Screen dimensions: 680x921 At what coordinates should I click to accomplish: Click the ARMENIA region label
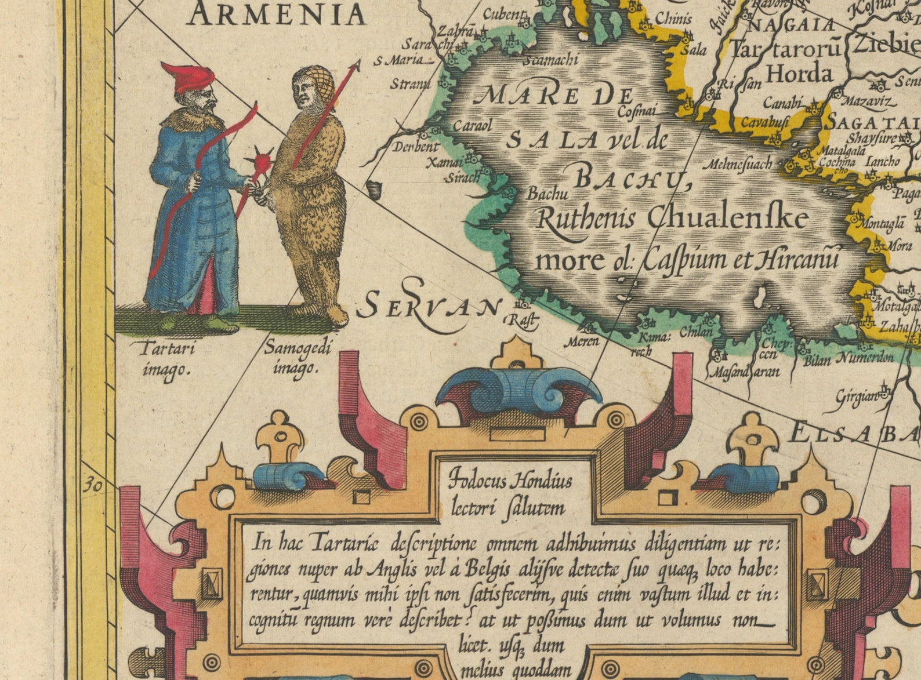click(277, 14)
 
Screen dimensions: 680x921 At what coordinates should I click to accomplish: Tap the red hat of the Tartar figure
click(189, 77)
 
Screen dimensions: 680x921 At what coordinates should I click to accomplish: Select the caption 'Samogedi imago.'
click(298, 358)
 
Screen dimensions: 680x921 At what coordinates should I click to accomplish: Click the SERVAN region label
click(427, 306)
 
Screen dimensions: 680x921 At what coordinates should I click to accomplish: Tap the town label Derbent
click(415, 147)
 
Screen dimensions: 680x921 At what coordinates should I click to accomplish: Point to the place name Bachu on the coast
click(547, 194)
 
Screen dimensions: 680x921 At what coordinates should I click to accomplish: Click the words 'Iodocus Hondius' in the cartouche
click(510, 481)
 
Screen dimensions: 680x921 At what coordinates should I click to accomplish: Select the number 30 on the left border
click(92, 485)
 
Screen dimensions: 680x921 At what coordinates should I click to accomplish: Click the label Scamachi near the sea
click(550, 60)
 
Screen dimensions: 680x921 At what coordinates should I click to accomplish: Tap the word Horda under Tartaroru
click(799, 74)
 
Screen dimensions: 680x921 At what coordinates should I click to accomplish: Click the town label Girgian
click(857, 397)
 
